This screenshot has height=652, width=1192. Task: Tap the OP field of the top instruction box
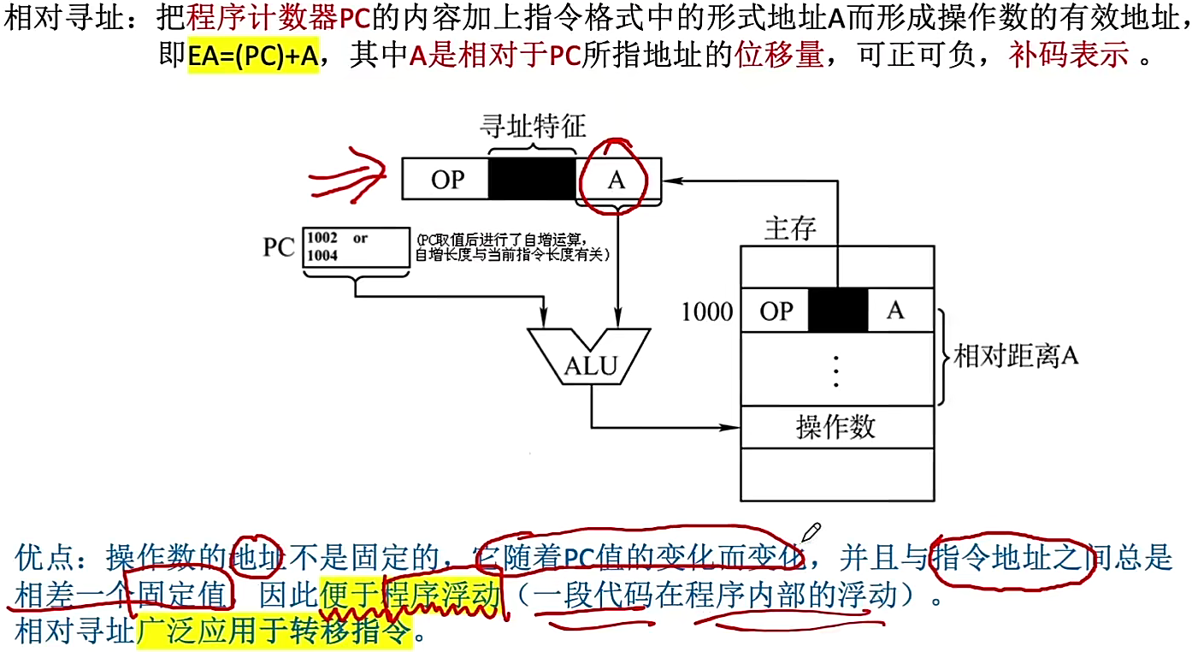click(447, 180)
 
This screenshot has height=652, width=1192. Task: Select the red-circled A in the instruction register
click(617, 180)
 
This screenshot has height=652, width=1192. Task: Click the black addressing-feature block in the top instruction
click(532, 178)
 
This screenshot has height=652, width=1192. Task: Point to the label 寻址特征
click(532, 127)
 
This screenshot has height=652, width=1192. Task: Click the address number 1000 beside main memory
click(706, 311)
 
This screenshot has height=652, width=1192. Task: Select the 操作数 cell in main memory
click(835, 426)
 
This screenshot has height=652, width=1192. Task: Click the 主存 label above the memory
click(789, 228)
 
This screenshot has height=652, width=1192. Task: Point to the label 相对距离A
click(1016, 356)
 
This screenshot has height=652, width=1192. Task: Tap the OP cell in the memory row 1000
click(776, 311)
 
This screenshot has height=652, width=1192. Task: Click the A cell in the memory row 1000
click(896, 311)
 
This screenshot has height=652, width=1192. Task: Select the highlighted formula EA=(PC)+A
click(253, 56)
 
